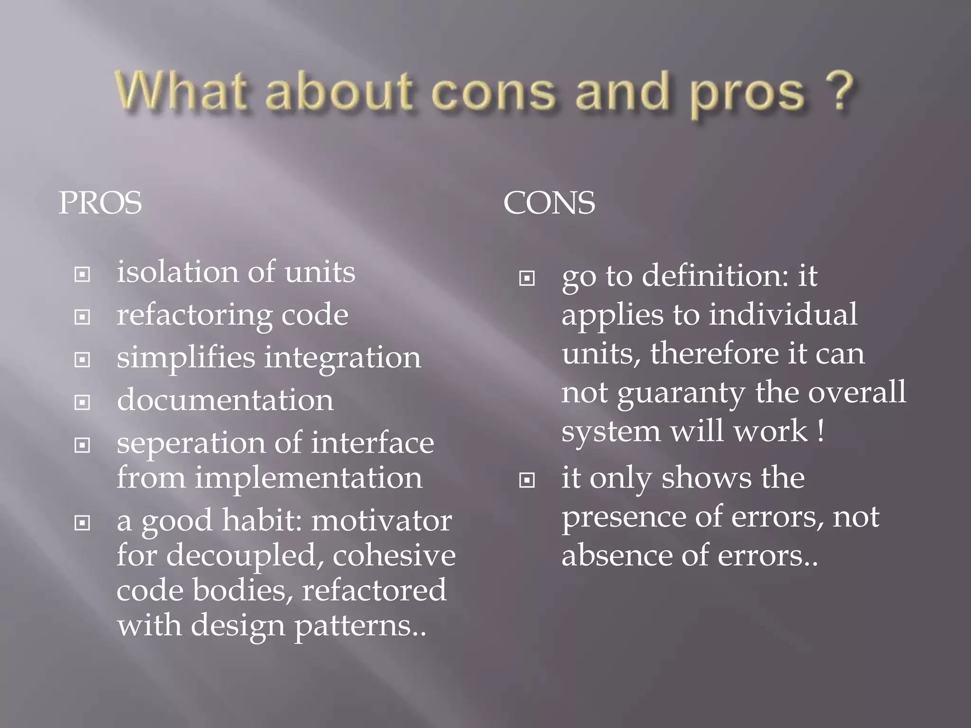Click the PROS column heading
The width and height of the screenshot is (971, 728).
click(100, 203)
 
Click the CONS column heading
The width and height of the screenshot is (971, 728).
click(549, 203)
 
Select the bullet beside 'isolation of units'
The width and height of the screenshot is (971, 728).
click(82, 274)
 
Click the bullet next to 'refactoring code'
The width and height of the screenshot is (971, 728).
click(82, 317)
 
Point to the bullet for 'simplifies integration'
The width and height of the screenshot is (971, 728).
click(82, 359)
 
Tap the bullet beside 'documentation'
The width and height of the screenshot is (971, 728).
click(82, 402)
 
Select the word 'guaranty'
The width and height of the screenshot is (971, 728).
click(681, 393)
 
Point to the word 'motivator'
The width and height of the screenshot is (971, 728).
click(381, 520)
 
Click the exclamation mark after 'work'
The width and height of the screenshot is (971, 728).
click(821, 430)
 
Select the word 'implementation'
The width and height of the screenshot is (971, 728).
click(308, 478)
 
